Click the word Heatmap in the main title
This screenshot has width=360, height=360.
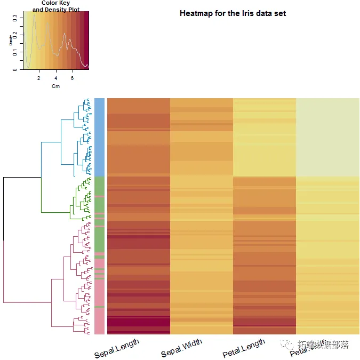click(197, 13)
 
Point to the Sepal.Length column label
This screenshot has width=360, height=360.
click(117, 348)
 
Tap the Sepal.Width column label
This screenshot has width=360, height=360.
click(182, 347)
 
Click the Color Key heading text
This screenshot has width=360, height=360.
click(55, 3)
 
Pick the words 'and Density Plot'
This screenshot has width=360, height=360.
click(55, 10)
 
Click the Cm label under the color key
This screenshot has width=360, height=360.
click(55, 86)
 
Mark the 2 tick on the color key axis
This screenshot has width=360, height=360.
click(39, 78)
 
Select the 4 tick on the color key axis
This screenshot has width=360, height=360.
click(55, 78)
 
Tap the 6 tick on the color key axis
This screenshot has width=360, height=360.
click(72, 78)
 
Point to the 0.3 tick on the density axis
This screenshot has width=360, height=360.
click(14, 18)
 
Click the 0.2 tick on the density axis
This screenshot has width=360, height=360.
click(14, 35)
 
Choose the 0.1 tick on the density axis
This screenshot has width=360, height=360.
click(14, 52)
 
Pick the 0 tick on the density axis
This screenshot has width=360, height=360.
click(14, 69)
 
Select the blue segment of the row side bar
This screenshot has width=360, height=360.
click(99, 137)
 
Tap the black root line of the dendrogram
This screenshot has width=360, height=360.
click(4, 208)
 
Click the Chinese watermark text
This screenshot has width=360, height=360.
click(323, 345)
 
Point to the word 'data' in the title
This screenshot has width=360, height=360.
click(263, 13)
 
